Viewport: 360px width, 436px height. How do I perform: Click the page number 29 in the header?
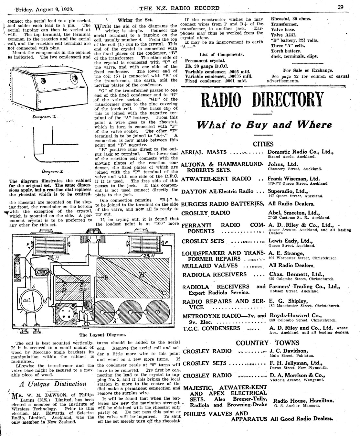click(x=340, y=7)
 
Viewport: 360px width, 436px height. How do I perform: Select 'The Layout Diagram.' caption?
click(x=102, y=335)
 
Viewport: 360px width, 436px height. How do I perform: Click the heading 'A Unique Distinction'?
click(x=53, y=384)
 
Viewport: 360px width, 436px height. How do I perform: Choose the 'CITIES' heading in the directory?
click(x=263, y=144)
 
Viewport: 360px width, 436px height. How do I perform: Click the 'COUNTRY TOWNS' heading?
click(x=268, y=343)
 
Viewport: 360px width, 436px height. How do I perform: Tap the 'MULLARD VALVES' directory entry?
click(x=210, y=266)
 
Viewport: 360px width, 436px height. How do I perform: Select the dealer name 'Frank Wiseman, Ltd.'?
click(x=293, y=179)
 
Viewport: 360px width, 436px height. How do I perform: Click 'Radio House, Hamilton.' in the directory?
click(x=303, y=400)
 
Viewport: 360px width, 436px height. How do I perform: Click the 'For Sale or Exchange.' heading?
click(x=308, y=70)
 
